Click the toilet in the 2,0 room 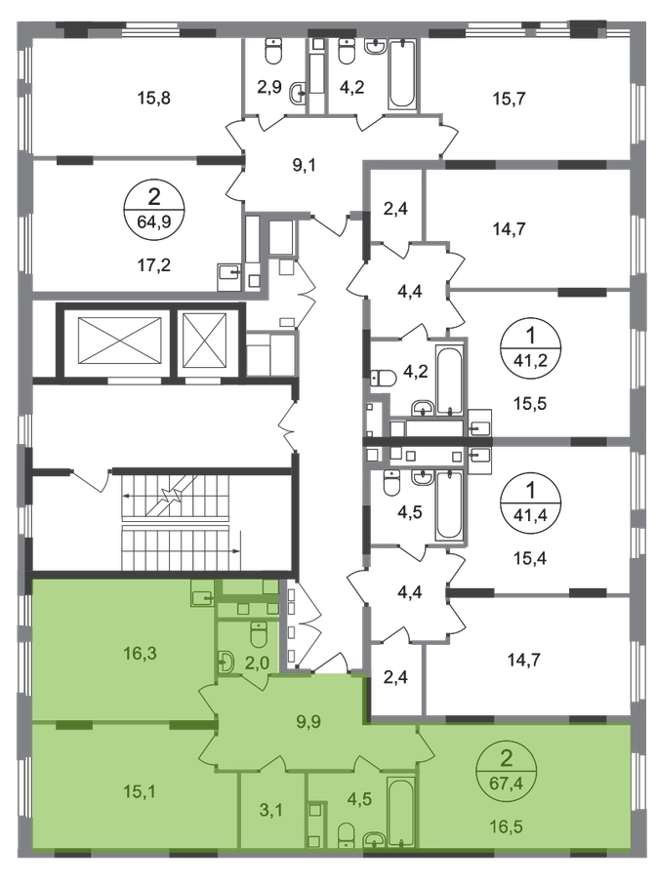coord(258,635)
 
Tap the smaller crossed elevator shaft coord(203,341)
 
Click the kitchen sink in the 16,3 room coord(203,595)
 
